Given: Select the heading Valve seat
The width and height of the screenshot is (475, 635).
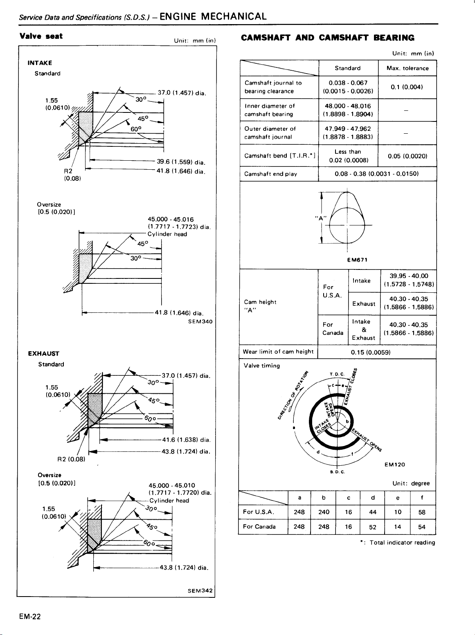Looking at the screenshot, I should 41,36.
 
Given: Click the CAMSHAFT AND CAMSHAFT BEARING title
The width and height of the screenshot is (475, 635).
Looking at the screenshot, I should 327,38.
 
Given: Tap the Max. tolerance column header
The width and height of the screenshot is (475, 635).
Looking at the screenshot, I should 407,68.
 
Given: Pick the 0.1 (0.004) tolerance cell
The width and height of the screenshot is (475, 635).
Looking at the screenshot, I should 407,87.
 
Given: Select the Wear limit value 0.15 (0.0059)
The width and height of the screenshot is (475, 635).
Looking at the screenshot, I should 371,352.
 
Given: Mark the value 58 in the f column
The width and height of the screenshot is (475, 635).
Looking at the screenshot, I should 422,512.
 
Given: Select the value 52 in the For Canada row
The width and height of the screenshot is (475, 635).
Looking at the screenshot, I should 373,527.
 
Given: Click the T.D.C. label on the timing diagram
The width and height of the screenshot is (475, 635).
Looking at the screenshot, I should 338,373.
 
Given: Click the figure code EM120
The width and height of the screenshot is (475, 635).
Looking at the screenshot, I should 395,464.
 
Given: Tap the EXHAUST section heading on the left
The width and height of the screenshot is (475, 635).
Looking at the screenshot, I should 44,354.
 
